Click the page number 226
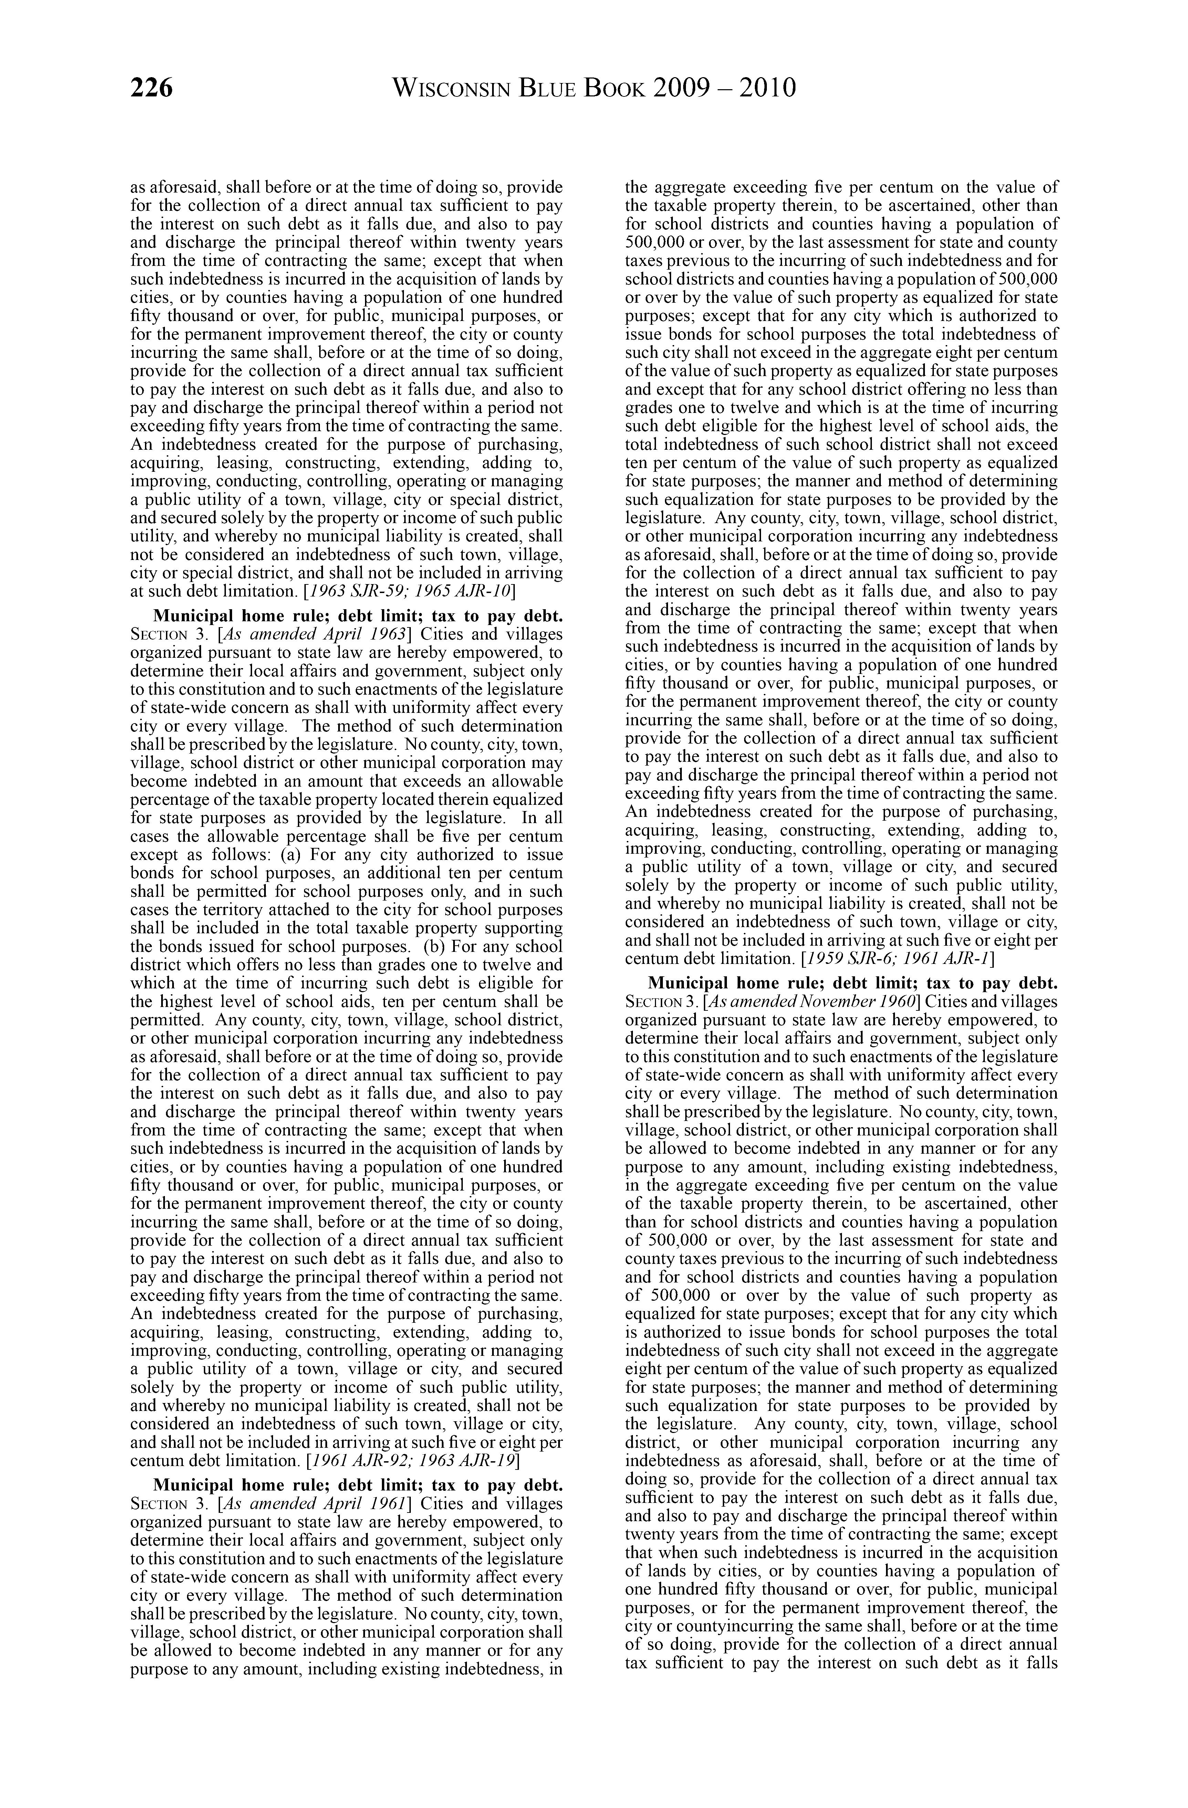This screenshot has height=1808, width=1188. click(152, 89)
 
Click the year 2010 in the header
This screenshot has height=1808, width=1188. click(766, 89)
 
